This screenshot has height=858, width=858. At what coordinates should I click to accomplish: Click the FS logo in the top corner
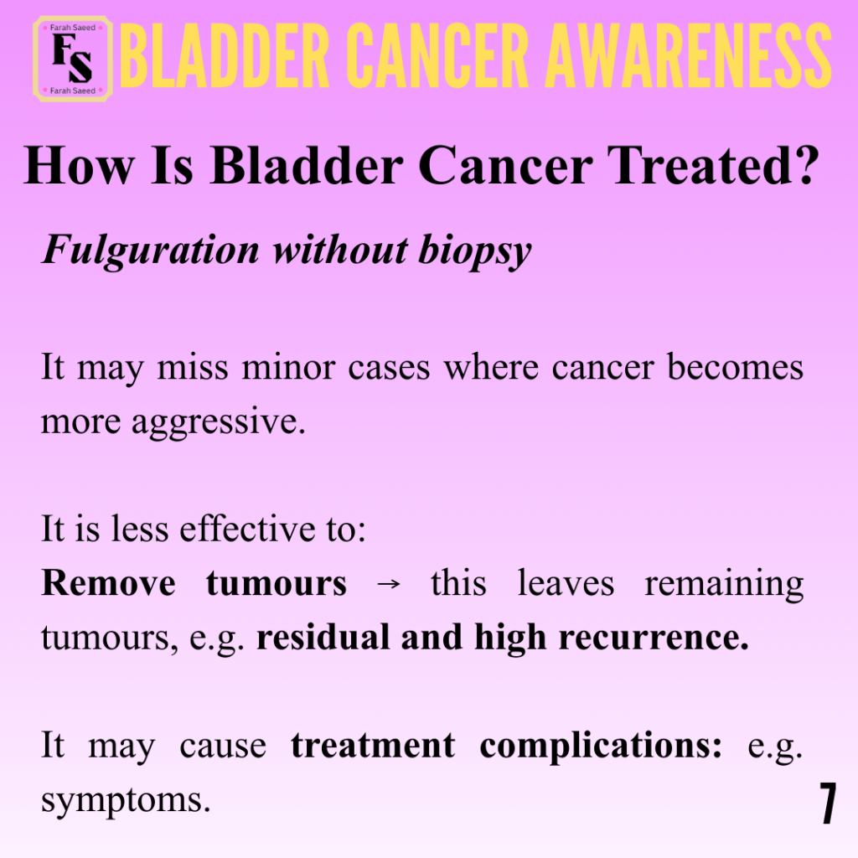click(73, 59)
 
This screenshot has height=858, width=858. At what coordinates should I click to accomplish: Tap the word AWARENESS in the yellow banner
click(689, 56)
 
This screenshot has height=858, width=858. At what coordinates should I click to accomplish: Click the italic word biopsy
click(475, 251)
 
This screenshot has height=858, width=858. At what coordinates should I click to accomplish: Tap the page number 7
click(828, 803)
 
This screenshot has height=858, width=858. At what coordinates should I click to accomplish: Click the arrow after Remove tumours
click(389, 584)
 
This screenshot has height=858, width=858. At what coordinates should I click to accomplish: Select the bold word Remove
click(108, 583)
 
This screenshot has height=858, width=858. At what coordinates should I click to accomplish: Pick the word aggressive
click(218, 422)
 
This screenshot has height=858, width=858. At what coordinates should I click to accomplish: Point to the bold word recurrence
click(654, 638)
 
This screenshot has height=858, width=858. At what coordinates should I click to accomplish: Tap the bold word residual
click(323, 637)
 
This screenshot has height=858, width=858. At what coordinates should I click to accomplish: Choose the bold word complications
click(601, 747)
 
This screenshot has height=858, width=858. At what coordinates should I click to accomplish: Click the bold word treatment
click(373, 745)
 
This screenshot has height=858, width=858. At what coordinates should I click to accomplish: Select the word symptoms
click(126, 802)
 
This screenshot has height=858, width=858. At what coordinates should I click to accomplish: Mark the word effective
click(247, 530)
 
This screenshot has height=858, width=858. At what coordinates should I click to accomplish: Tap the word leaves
click(566, 583)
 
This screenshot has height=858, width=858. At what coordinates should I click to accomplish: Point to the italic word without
click(340, 251)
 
